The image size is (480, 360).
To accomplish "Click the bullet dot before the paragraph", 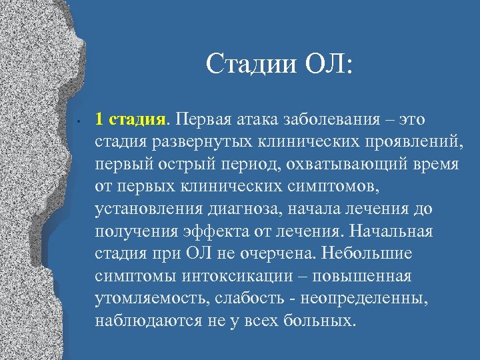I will point(79,121).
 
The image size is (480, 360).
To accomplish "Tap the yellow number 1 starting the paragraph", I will point(99,119).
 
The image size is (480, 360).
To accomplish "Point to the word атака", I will point(259,119).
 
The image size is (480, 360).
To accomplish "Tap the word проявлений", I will point(405,142).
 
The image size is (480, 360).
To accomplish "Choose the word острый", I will point(176,164).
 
